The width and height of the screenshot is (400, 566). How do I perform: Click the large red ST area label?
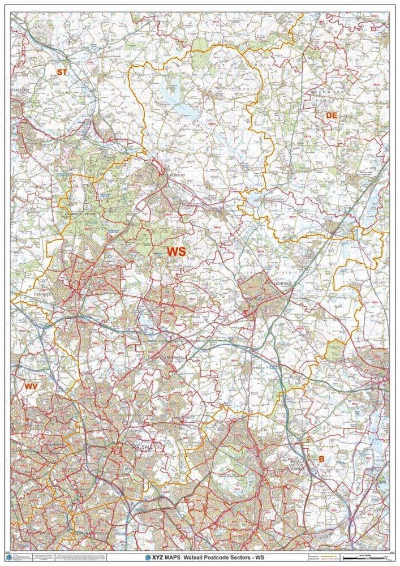pos(62,71)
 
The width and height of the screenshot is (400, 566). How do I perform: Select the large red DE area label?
pos(332,115)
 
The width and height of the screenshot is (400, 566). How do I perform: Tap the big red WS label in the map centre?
pos(175,250)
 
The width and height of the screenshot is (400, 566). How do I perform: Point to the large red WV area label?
pos(31,386)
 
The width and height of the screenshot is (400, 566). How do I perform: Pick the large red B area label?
pos(321,458)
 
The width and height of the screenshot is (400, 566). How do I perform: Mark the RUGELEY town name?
pos(177,175)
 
